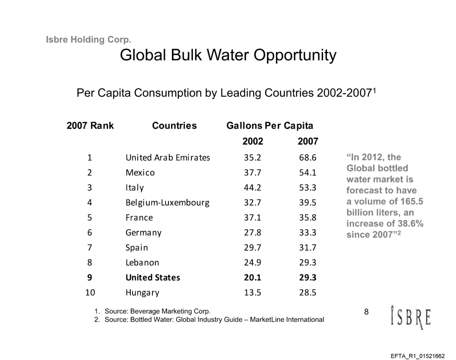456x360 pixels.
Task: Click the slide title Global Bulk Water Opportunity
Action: click(228, 55)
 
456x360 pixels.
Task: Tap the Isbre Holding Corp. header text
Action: click(88, 40)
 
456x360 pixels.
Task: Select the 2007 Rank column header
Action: click(90, 126)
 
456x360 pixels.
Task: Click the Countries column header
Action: click(174, 126)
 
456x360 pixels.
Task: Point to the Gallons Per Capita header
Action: click(270, 126)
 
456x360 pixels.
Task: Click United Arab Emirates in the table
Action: click(168, 158)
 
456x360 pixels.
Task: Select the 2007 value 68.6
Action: click(308, 158)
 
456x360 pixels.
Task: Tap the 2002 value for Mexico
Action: click(253, 173)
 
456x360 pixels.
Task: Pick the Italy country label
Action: click(135, 188)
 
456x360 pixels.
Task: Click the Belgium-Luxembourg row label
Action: click(168, 203)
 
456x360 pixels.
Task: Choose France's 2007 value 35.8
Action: click(308, 217)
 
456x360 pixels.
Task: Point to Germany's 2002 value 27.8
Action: click(253, 233)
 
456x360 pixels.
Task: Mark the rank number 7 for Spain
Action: click(90, 248)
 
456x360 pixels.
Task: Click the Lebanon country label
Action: click(142, 262)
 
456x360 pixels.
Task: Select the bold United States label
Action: click(152, 277)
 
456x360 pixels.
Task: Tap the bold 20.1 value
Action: click(253, 277)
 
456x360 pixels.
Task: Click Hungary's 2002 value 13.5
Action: click(253, 293)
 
